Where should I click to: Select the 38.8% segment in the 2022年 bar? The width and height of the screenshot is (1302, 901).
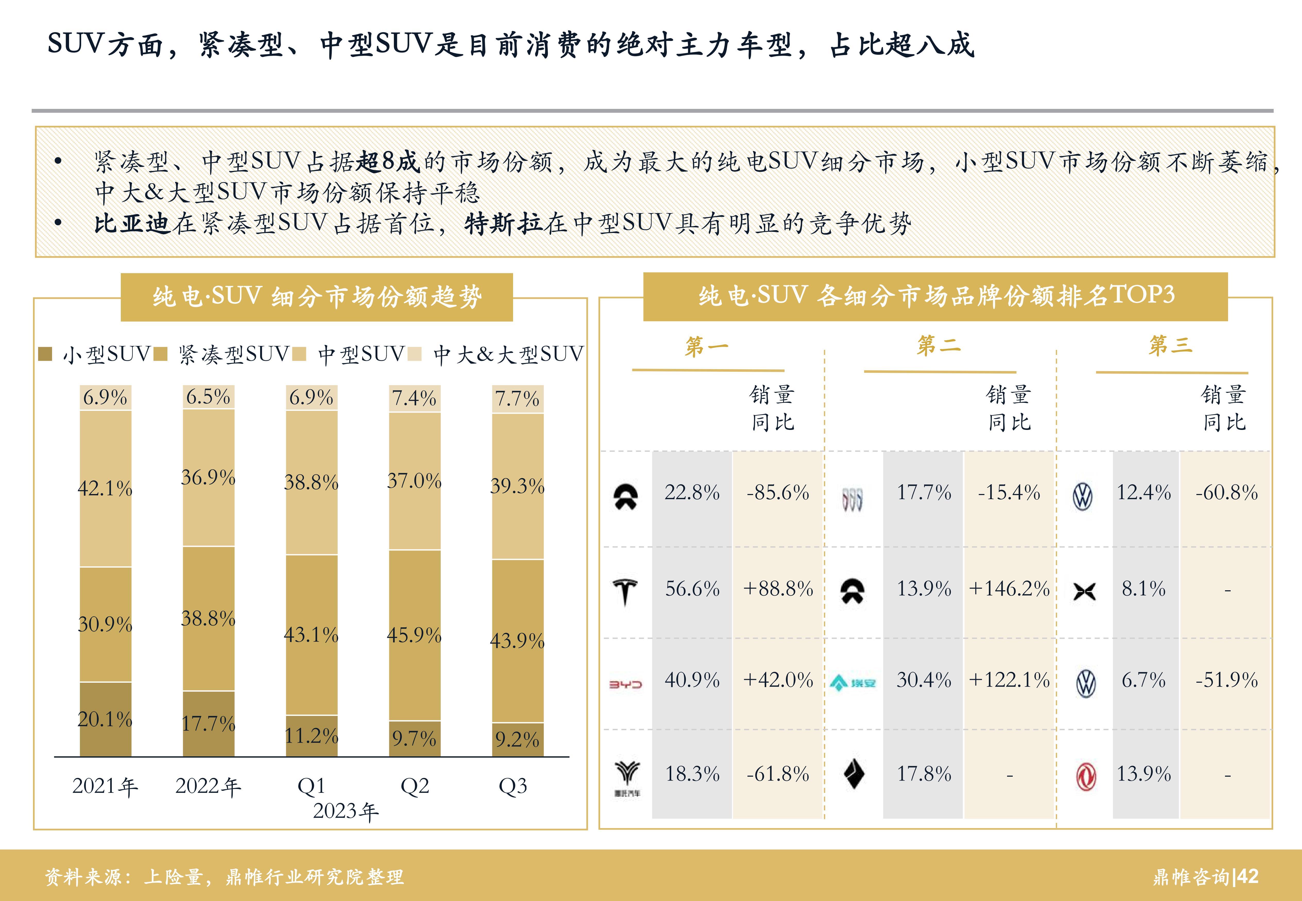pos(208,618)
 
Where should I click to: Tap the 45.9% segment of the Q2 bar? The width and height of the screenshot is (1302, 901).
pos(414,635)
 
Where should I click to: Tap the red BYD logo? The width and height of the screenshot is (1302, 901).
pos(625,684)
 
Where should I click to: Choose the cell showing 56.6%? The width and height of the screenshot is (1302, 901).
pos(692,589)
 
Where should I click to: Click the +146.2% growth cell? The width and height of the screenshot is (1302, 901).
pos(1009,589)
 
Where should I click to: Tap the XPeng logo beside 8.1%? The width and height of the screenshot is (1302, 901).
pos(1084,591)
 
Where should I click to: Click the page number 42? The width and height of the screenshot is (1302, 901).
pos(1247,876)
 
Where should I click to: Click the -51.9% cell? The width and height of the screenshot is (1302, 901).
pos(1227,680)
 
